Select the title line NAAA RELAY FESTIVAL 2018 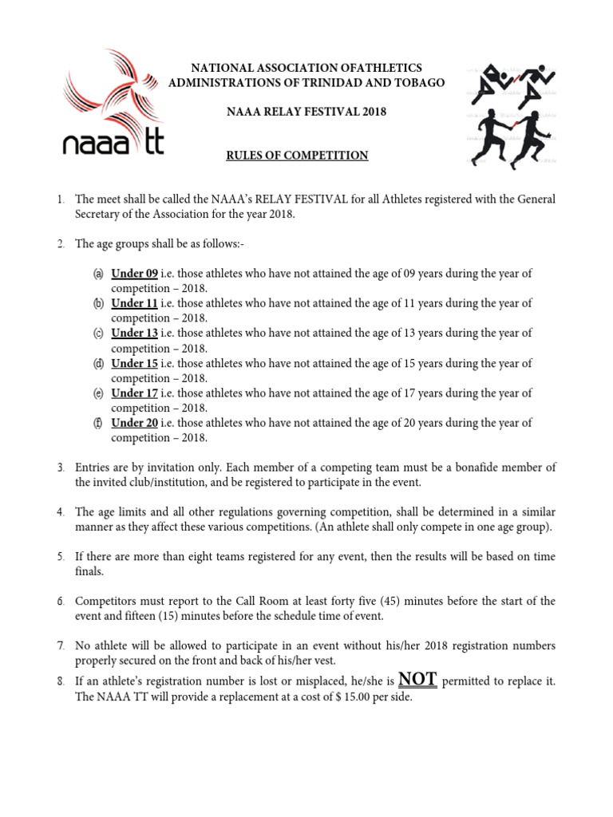tap(306, 112)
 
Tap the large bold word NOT tap(417, 679)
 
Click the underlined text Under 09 tap(134, 274)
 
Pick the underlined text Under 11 tap(134, 304)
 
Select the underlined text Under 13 tap(134, 334)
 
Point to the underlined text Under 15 tap(134, 364)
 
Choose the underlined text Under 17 tap(134, 393)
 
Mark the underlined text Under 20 tap(134, 424)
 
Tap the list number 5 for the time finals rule tap(61, 556)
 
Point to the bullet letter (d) tap(98, 364)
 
